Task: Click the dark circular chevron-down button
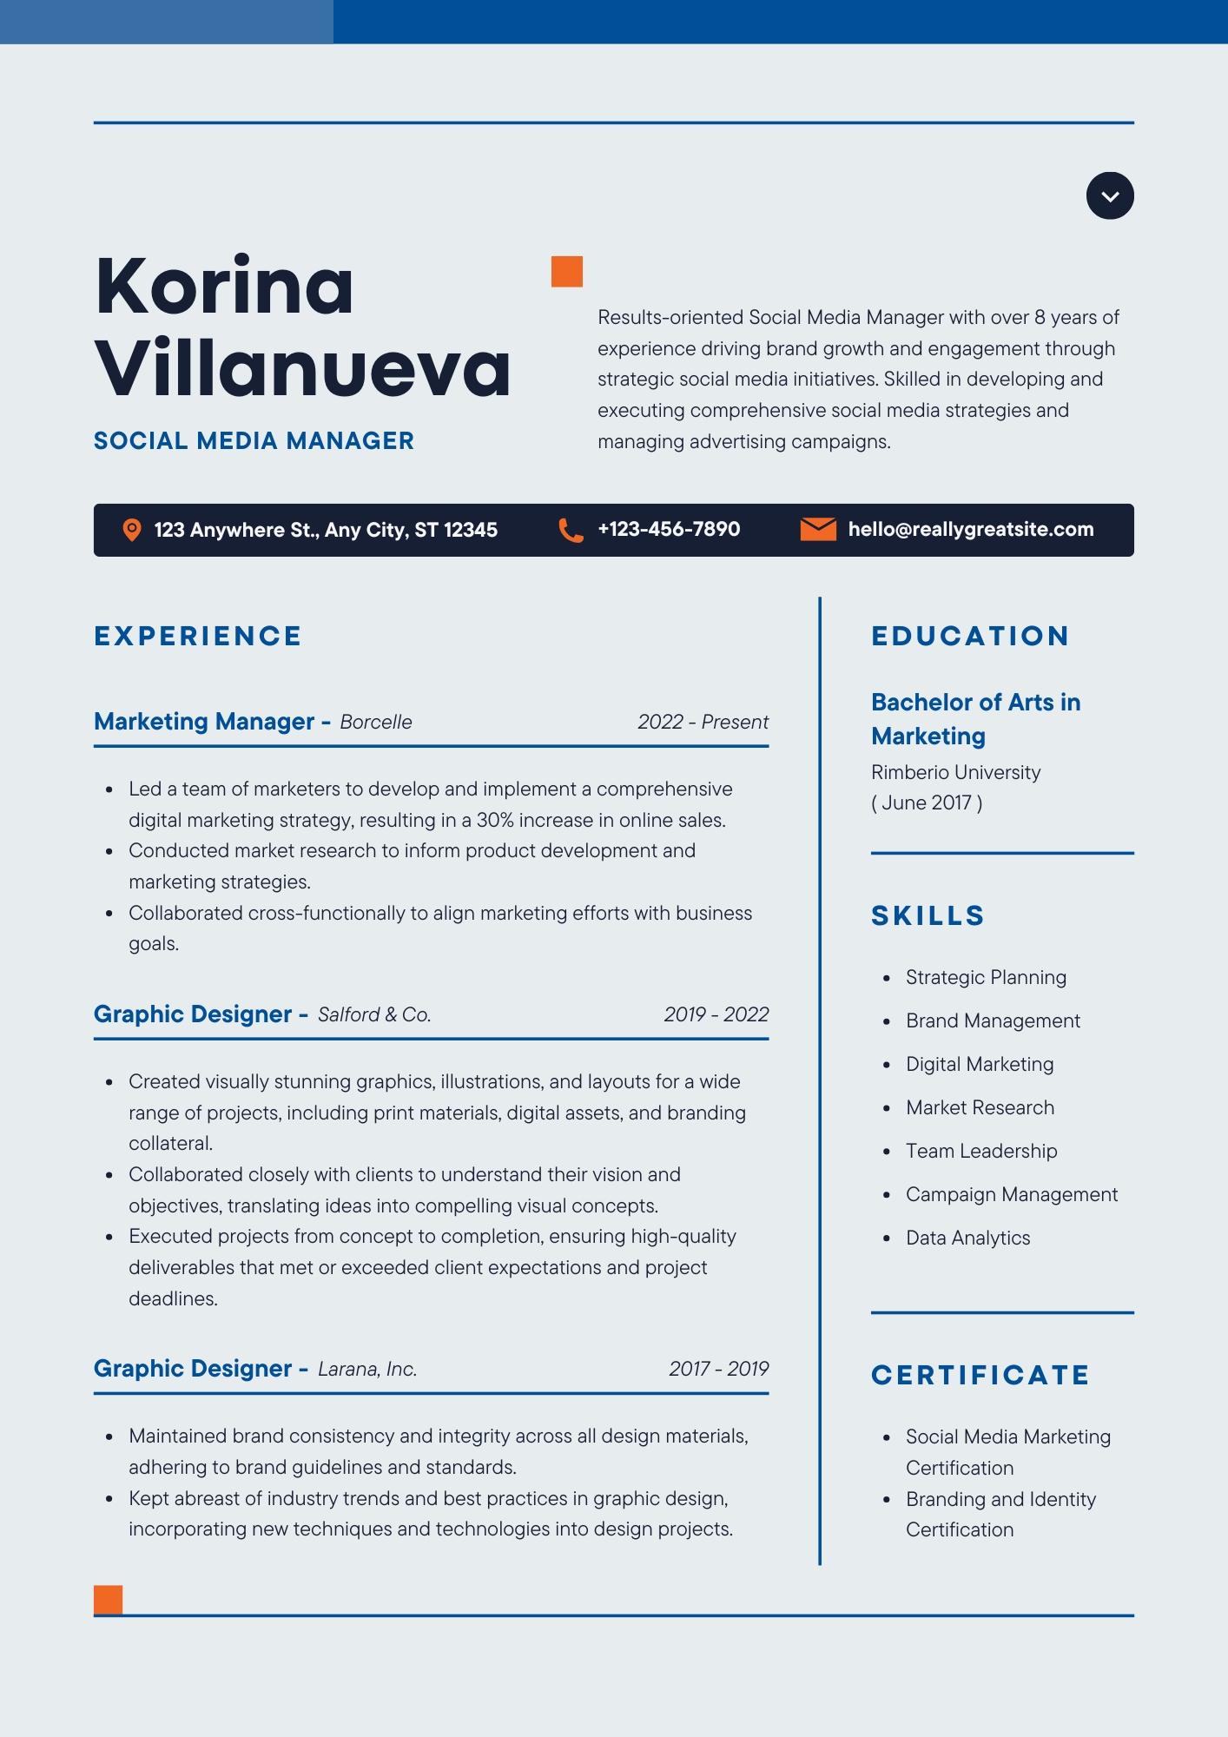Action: click(x=1110, y=196)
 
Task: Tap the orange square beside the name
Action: click(x=567, y=272)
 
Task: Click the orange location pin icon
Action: click(x=132, y=530)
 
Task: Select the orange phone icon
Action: click(x=571, y=530)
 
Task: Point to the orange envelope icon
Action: click(x=817, y=529)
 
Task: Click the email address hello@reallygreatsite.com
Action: click(x=971, y=530)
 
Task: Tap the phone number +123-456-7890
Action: click(x=669, y=530)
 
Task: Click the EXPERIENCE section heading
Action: click(x=198, y=637)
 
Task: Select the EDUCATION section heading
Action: click(x=970, y=637)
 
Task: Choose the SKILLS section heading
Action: click(x=928, y=916)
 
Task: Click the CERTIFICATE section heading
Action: click(x=980, y=1376)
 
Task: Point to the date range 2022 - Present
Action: click(x=703, y=723)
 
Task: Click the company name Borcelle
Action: click(x=376, y=723)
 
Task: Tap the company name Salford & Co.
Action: click(x=374, y=1015)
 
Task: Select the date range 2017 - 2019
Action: click(x=718, y=1370)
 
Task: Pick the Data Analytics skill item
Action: click(x=967, y=1238)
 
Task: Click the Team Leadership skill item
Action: click(x=981, y=1152)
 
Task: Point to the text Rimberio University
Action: click(x=955, y=773)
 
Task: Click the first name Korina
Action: click(x=224, y=287)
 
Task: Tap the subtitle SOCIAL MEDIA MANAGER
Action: click(x=254, y=441)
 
